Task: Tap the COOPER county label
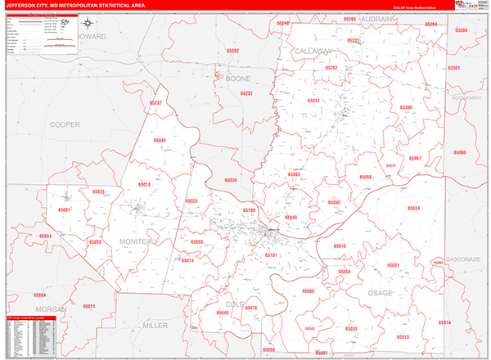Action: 65,124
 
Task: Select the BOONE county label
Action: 237,79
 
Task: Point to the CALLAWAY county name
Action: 312,51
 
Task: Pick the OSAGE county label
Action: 380,292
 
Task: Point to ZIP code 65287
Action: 155,103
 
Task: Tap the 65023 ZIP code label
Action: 191,200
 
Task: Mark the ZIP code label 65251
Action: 313,100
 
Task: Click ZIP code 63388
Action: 407,107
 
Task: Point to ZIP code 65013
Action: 403,336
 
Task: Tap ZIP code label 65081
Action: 65,209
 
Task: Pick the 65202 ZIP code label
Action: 233,51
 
